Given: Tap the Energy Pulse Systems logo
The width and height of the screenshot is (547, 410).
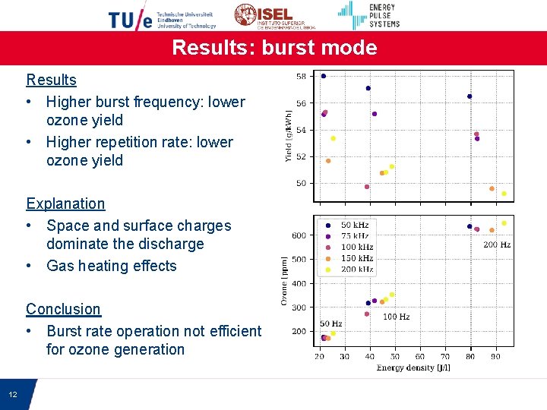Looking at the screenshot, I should pyautogui.click(x=369, y=15).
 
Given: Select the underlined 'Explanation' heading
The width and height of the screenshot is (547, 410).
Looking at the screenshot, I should pyautogui.click(x=65, y=203).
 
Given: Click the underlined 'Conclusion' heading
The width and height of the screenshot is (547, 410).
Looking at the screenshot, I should pyautogui.click(x=63, y=309).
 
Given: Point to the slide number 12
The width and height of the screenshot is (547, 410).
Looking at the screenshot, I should pyautogui.click(x=13, y=395).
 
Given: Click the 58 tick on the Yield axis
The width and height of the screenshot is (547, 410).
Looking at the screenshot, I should pyautogui.click(x=301, y=76).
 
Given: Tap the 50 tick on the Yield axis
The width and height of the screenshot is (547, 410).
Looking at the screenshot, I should pyautogui.click(x=301, y=183).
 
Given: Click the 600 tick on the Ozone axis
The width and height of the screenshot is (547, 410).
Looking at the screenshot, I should pyautogui.click(x=299, y=235).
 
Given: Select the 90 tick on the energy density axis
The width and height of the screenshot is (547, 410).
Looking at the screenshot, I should pyautogui.click(x=495, y=357).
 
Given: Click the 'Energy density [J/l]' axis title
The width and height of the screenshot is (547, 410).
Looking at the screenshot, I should pyautogui.click(x=413, y=368).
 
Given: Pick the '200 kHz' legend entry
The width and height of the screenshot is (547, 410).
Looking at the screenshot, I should pyautogui.click(x=356, y=270).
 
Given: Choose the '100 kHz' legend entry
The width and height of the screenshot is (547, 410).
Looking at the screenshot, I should pyautogui.click(x=356, y=248).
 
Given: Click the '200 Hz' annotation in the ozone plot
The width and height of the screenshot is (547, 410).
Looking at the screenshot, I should pyautogui.click(x=497, y=245).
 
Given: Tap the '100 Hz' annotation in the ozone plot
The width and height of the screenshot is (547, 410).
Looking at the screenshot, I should pyautogui.click(x=396, y=317).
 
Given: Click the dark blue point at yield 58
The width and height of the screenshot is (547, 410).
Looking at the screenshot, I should pyautogui.click(x=324, y=76).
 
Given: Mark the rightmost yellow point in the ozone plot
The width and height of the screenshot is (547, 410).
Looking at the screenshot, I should pyautogui.click(x=504, y=223).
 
